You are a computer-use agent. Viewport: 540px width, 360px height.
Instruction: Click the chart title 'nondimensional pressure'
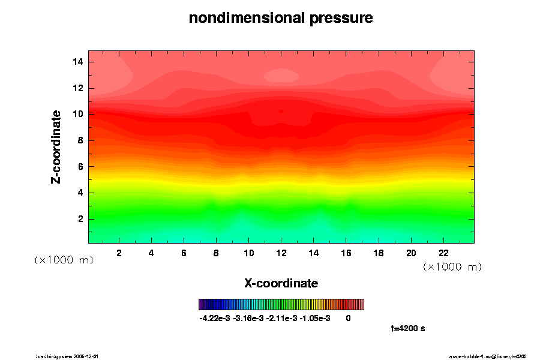pyautogui.click(x=281, y=19)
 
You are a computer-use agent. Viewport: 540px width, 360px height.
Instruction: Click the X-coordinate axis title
pyautogui.click(x=281, y=283)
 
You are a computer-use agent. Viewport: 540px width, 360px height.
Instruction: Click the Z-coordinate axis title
pyautogui.click(x=56, y=146)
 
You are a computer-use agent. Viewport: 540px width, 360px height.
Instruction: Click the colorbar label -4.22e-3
pyautogui.click(x=214, y=318)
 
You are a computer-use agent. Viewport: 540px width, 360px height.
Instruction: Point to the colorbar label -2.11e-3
pyautogui.click(x=281, y=318)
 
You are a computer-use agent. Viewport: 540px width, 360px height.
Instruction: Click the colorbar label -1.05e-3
pyautogui.click(x=314, y=318)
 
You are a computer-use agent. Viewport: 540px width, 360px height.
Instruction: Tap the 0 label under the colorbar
pyautogui.click(x=348, y=318)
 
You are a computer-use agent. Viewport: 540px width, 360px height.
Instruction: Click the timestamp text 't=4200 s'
pyautogui.click(x=408, y=329)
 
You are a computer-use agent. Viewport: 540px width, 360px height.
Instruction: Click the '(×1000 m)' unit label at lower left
pyautogui.click(x=64, y=260)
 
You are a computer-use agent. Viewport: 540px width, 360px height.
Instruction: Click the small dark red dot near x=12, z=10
pyautogui.click(x=281, y=111)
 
